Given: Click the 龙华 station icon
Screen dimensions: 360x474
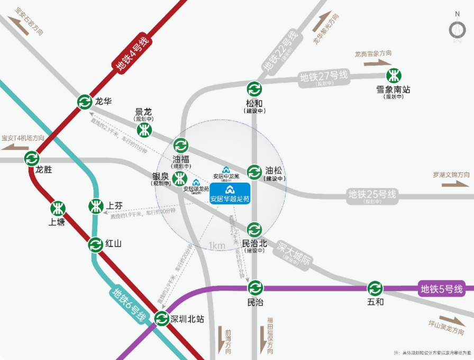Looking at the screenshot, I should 85,102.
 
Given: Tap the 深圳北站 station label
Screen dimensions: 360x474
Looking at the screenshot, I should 186,319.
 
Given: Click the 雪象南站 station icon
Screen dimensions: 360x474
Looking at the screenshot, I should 393,75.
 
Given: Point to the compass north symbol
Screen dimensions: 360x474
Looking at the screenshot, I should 457,29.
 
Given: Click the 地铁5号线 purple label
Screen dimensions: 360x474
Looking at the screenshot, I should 442,289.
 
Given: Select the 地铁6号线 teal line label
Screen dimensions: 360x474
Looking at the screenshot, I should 129,306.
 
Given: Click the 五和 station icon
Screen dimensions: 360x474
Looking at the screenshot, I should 376,289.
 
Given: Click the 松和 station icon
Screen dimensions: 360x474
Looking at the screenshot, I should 254,88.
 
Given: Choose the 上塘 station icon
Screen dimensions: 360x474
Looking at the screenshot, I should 58,209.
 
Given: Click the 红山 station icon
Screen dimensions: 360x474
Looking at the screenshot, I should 96,245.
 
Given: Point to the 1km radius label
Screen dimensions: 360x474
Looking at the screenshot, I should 217,245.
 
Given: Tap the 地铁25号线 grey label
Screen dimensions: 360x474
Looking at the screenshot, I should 372,194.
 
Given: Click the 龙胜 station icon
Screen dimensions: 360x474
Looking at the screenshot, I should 32,158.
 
